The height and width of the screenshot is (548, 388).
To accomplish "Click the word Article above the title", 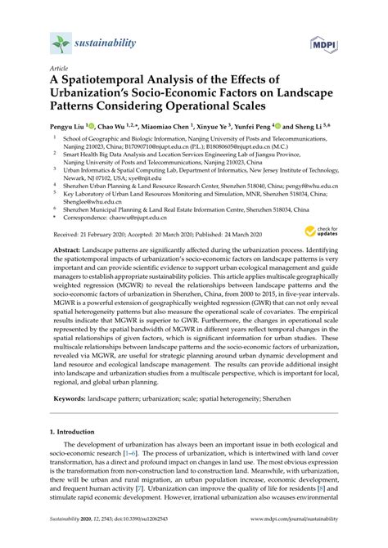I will coord(58,69).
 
